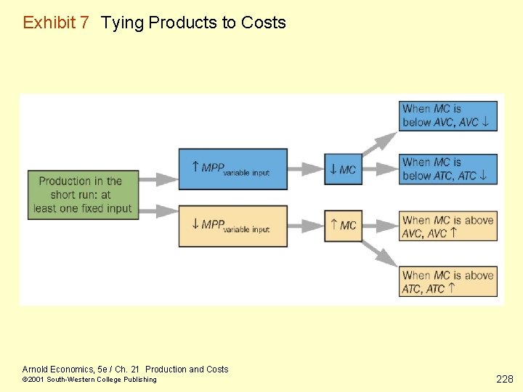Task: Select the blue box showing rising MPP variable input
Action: coord(233,169)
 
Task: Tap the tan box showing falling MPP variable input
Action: coord(233,226)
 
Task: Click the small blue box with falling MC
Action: coord(343,169)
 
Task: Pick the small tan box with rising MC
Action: coord(343,225)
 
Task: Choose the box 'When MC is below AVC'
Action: coord(447,115)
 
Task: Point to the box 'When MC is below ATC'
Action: coord(447,168)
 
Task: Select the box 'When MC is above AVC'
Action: coord(447,226)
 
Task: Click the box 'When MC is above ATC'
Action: coord(447,281)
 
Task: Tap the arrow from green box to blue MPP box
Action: coord(159,179)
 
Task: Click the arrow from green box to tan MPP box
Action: coord(159,211)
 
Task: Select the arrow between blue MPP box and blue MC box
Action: coord(306,169)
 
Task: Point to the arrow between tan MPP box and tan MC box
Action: coord(306,225)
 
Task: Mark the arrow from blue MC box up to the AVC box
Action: coord(379,144)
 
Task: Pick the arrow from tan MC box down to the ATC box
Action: coord(379,251)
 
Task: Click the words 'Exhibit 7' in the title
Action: coord(56,23)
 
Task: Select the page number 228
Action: coord(504,378)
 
